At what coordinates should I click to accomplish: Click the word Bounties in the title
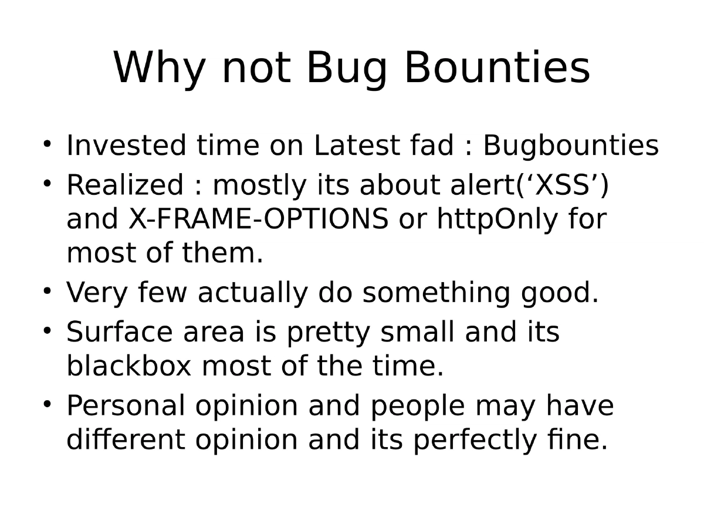496,68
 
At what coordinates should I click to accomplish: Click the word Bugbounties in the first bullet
570,146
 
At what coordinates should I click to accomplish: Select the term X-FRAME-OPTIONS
257,219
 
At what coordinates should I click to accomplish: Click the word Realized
124,185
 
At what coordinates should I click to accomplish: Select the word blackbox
129,367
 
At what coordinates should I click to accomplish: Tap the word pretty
329,332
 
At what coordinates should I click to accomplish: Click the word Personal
126,406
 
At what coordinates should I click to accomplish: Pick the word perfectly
474,440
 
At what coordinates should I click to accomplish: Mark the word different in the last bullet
126,440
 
